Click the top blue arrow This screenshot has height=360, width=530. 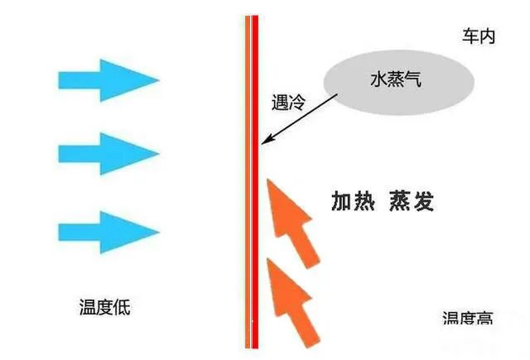coord(108,79)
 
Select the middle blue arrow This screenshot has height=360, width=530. coord(108,153)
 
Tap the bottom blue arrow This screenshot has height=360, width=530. coord(108,231)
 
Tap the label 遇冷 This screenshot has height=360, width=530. coord(288,103)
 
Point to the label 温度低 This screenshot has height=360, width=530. coord(99,309)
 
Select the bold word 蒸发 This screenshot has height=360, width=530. coord(411,201)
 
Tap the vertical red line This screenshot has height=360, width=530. coord(254,182)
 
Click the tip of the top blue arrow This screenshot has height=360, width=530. coord(158,79)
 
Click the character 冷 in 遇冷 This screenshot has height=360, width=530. coord(297,103)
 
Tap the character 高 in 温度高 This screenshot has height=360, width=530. coord(485,319)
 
